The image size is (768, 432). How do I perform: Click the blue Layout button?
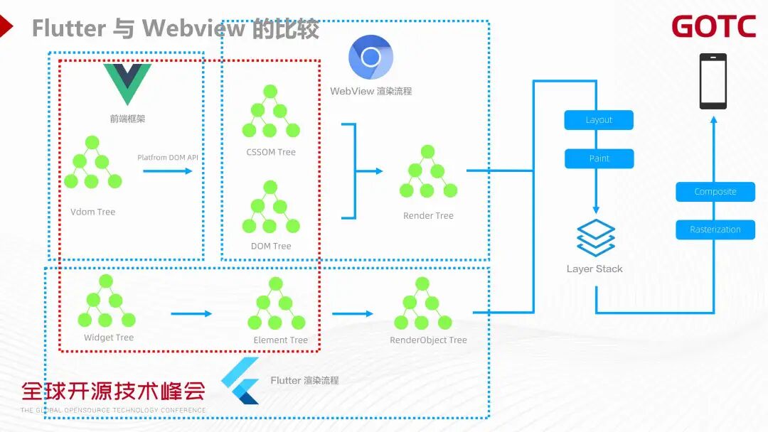tap(599, 120)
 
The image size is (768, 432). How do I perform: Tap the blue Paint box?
tap(599, 158)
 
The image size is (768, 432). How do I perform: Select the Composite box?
tap(715, 192)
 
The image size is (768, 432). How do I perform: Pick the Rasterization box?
tap(715, 229)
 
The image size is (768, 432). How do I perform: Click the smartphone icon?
tap(713, 81)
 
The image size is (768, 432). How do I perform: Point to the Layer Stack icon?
tap(595, 238)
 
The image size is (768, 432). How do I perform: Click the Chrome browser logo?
tap(370, 57)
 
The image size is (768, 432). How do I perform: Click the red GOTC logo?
tap(713, 27)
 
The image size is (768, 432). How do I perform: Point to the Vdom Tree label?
tap(92, 212)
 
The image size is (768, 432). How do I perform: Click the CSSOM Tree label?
tap(271, 152)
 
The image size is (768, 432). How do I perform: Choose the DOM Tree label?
tap(271, 246)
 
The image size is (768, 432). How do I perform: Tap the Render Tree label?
tap(428, 215)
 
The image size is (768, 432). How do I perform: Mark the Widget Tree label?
tap(109, 337)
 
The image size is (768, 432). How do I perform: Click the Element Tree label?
tap(280, 340)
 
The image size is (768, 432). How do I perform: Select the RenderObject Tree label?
tap(428, 340)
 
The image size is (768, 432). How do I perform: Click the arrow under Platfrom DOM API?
tap(168, 171)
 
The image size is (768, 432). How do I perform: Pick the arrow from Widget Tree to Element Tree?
tap(191, 313)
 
